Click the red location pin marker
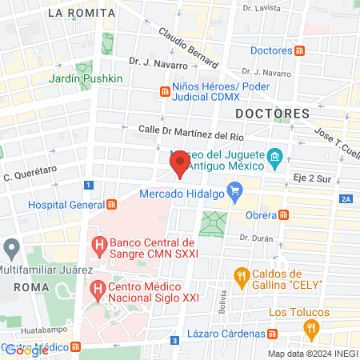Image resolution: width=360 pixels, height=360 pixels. coord(180,165)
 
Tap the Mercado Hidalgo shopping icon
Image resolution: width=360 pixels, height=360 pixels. coord(234,190)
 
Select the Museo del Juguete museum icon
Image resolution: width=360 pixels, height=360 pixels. coord(274,155)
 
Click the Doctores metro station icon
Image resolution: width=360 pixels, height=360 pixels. coord(299,51)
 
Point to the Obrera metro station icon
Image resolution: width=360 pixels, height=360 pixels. coord(283,214)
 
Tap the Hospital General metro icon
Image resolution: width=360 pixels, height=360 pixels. coord(111,204)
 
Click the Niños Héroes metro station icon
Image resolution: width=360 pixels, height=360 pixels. coord(164,91)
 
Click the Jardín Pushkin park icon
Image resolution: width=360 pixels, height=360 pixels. coord(84,69)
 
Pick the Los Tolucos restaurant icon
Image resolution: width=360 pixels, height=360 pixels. coord(310,327)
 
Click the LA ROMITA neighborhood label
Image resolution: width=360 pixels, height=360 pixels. coord(76,13)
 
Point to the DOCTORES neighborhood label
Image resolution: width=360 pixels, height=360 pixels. coord(272,114)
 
